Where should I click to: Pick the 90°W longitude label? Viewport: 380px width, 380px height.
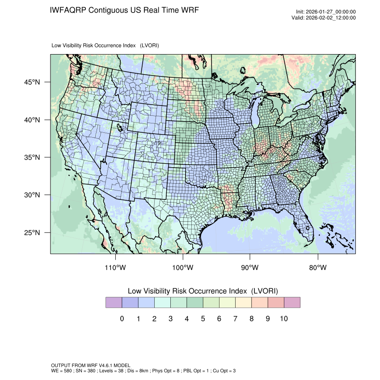pos(250,268)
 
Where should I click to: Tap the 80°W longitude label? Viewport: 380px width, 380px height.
pos(318,268)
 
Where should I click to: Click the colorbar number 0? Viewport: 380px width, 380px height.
pos(122,319)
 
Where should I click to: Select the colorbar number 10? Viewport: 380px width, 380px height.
pos(283,319)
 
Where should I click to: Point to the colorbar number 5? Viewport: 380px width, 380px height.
pos(203,319)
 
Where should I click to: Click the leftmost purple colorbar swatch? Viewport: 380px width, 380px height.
pos(114,303)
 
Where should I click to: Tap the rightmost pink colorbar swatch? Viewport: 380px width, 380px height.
pos(292,303)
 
